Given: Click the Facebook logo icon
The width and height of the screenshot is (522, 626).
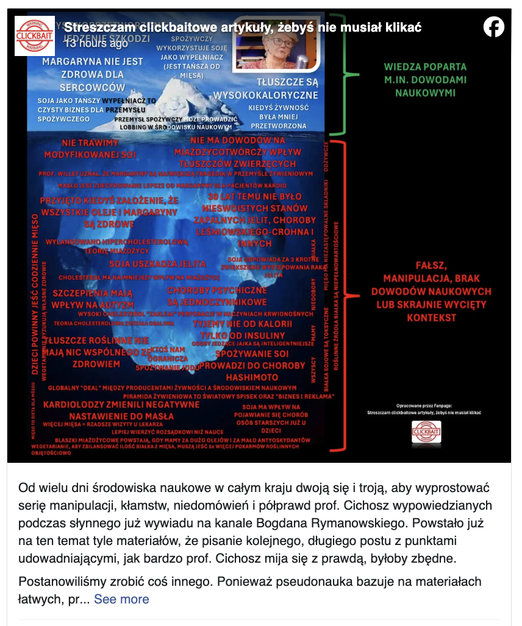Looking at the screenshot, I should tap(494, 27).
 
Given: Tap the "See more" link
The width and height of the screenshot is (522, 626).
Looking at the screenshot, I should tap(121, 599).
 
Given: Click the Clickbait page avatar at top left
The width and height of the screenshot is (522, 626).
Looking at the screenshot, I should tap(35, 36).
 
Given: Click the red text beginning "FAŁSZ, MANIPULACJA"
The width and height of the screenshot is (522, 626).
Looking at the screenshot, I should tap(432, 291).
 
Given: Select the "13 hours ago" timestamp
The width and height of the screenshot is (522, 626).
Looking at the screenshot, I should tap(96, 43).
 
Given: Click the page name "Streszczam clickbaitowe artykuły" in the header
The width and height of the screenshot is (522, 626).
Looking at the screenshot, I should tap(242, 27).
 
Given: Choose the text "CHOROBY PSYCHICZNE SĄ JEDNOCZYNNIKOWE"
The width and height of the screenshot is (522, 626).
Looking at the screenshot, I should tap(218, 296).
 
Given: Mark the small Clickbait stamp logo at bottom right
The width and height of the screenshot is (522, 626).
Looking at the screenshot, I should tap(426, 432).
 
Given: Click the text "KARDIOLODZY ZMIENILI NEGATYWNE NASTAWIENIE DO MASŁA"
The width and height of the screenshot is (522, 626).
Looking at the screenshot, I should tap(122, 410).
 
